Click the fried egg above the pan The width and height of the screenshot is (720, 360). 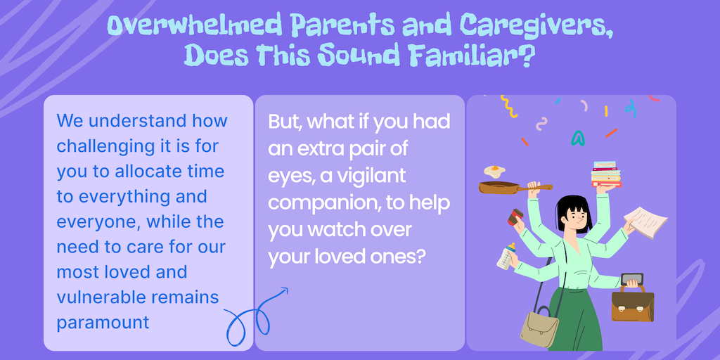(x=494, y=172)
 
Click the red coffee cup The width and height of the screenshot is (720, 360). (x=515, y=217)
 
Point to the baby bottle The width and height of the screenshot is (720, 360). (x=506, y=256)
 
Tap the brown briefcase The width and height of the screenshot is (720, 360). (x=632, y=303)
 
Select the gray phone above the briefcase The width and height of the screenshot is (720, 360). (x=632, y=278)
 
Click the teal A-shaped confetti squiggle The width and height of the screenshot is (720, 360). (x=578, y=138)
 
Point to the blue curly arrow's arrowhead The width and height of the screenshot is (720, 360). (x=284, y=290)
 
